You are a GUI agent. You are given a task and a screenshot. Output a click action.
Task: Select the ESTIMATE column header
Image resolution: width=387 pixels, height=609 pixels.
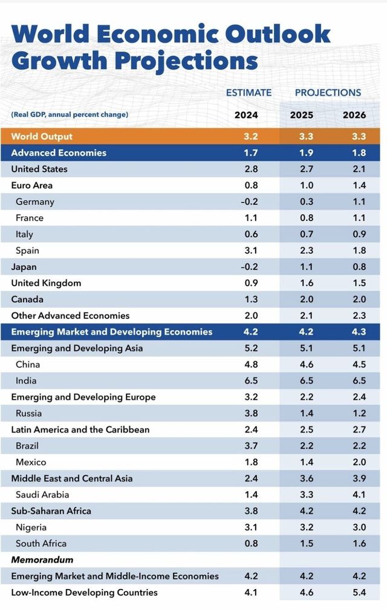tap(249, 93)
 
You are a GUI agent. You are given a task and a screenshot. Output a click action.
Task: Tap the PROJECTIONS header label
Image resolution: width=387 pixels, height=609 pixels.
tap(328, 93)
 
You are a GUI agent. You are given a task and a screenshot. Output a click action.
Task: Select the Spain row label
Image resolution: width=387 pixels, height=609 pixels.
tap(28, 250)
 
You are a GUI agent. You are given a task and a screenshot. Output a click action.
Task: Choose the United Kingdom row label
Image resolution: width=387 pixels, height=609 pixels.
tap(46, 283)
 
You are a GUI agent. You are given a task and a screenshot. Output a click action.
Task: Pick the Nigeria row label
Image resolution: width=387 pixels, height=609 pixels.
tap(31, 527)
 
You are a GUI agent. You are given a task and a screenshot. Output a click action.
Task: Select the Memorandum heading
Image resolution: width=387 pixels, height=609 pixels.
tap(42, 560)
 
